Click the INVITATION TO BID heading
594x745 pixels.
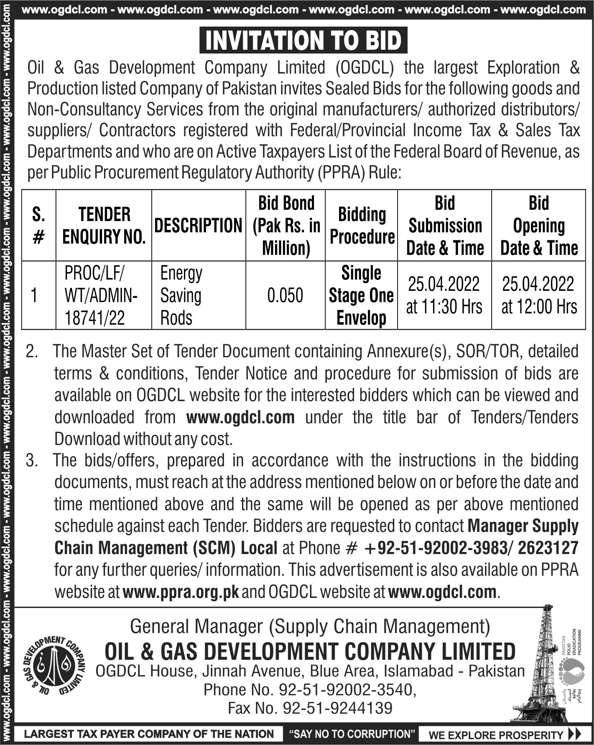(x=303, y=41)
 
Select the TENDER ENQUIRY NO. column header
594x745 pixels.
(x=104, y=226)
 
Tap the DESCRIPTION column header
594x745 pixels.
(x=199, y=226)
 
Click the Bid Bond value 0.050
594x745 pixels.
(x=285, y=295)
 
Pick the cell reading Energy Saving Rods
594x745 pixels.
(x=181, y=295)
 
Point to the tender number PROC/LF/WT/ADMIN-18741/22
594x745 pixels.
(x=101, y=295)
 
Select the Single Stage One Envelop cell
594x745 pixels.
(x=361, y=295)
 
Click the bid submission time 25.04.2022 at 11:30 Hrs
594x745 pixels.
(x=444, y=295)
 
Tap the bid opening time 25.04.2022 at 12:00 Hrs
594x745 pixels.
(x=539, y=295)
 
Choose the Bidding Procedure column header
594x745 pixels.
(x=362, y=226)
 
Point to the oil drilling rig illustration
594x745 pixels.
(x=536, y=664)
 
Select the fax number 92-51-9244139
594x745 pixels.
(x=338, y=708)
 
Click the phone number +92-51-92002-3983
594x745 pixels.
(x=436, y=548)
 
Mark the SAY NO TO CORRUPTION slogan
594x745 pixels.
(x=349, y=734)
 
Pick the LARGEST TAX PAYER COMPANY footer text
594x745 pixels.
(x=149, y=734)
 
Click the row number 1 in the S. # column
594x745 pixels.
(x=34, y=295)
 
